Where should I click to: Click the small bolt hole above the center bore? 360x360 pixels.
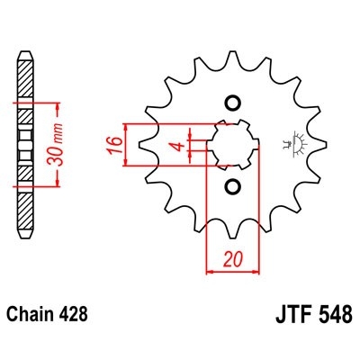(233, 103)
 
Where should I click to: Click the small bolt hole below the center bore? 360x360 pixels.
(233, 187)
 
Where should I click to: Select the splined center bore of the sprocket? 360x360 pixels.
(233, 145)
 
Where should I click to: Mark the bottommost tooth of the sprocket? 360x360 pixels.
(233, 241)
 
